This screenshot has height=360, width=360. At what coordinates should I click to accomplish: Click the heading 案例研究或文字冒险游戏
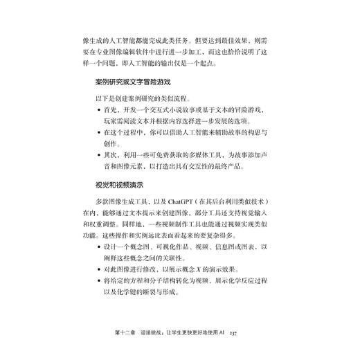coord(138,82)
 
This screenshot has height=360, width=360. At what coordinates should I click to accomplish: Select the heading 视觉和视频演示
coord(119,185)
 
